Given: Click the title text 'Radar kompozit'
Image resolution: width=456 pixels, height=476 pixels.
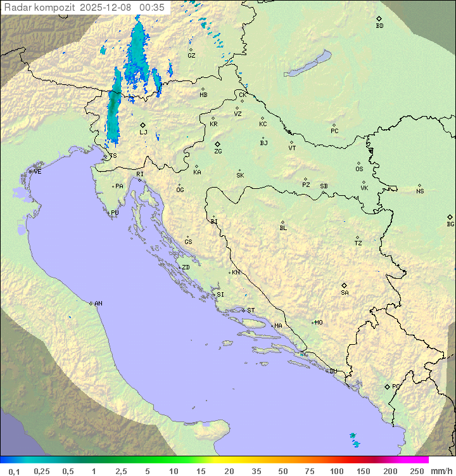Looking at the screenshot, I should [40, 8].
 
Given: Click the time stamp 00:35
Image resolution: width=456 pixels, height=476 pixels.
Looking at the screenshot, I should [152, 8].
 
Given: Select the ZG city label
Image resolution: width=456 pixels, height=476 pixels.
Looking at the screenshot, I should [218, 151].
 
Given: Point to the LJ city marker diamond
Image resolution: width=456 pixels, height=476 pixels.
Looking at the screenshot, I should [143, 125].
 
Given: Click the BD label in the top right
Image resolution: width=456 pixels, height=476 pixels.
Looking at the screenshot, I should [379, 26].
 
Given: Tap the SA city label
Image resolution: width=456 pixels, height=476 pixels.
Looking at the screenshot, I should [345, 292].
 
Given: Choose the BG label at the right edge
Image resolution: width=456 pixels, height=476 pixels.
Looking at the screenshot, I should [450, 224].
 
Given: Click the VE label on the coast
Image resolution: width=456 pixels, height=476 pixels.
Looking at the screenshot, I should [37, 172].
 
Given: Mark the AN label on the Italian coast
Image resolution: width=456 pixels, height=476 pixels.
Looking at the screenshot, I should [98, 304].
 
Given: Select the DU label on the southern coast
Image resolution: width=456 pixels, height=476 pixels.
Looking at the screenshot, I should [332, 371].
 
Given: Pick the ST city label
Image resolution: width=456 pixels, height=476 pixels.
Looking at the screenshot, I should [251, 311].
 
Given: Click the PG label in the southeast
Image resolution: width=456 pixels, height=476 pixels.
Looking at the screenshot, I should [396, 386].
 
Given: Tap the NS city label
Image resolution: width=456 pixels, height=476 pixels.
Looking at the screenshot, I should [420, 191].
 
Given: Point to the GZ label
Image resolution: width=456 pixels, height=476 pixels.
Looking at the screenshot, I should [191, 55].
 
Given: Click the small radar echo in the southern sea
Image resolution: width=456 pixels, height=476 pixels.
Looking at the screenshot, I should [354, 439].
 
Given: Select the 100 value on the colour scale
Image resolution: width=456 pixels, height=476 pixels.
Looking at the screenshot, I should [337, 471].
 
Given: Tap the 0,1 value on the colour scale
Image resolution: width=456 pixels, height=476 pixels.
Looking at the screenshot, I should [14, 471].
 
